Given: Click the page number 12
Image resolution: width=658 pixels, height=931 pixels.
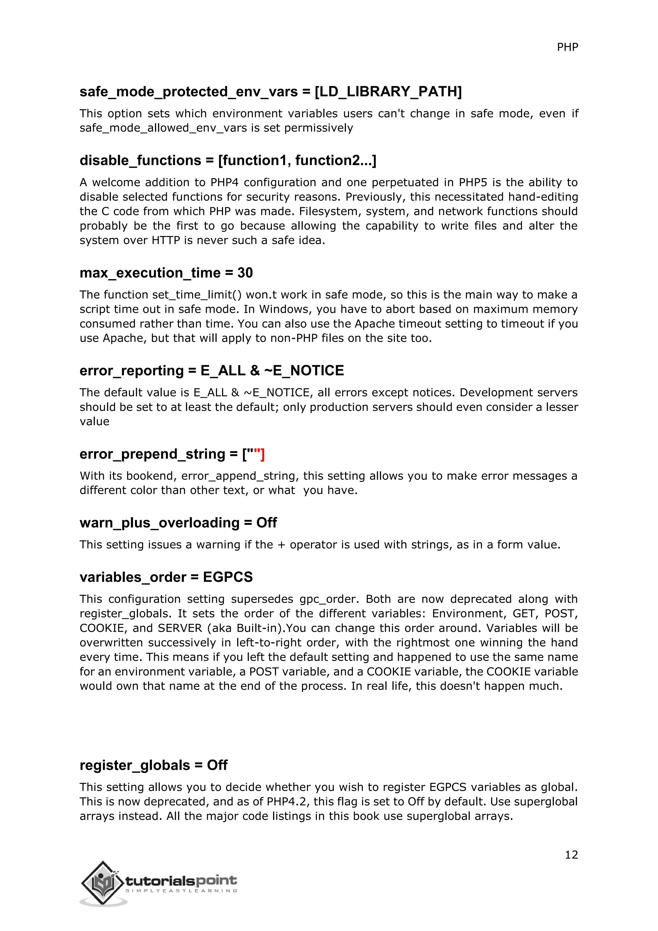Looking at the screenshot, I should [x=571, y=854].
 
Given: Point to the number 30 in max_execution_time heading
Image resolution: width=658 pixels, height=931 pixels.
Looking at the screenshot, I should [x=245, y=273].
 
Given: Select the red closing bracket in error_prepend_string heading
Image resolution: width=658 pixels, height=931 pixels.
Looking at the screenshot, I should [x=262, y=454].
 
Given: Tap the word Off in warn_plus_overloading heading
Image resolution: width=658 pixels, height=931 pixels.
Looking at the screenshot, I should [x=266, y=523].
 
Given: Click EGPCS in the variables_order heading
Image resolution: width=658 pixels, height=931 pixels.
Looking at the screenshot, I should [x=228, y=577].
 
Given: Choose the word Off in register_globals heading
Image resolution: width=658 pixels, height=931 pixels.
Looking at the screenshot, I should [x=217, y=765].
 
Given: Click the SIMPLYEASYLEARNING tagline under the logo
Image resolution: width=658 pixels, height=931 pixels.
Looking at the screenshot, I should [x=181, y=891].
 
